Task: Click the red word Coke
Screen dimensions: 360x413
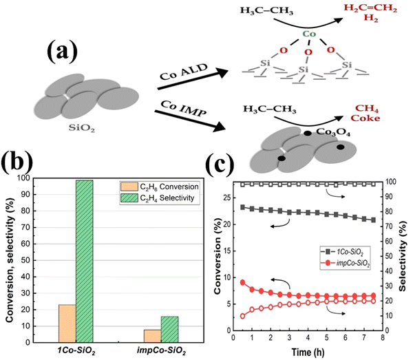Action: click(378, 120)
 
